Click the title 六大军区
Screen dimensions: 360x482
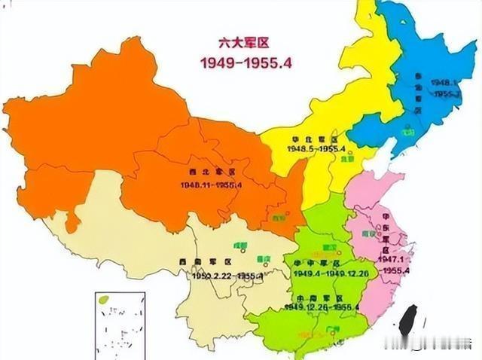tap(243, 44)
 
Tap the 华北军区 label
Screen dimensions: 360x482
tap(316, 139)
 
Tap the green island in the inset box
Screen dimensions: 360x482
tap(105, 300)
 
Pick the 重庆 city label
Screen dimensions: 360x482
tap(264, 258)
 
